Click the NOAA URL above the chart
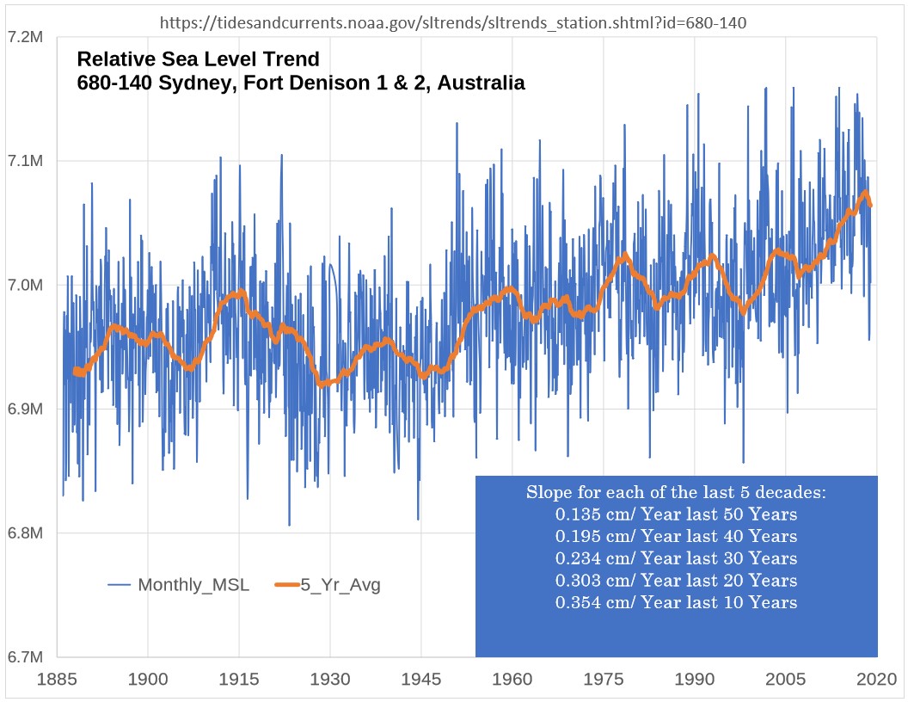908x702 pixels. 453,22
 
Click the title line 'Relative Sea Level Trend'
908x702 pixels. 198,60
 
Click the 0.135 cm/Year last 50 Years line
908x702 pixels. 676,514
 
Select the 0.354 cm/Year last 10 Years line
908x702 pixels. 676,602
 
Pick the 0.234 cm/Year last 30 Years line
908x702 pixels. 676,558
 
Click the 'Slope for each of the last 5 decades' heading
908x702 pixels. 676,493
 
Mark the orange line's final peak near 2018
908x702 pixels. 864,192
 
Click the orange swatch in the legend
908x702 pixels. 286,586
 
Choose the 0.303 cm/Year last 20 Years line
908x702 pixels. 676,581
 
